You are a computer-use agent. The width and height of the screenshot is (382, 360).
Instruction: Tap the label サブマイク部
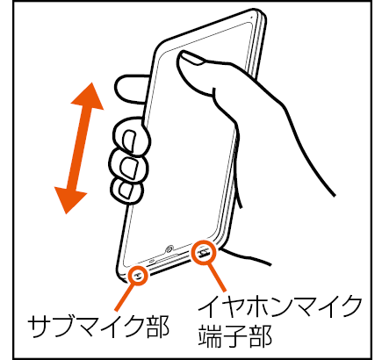click(98, 327)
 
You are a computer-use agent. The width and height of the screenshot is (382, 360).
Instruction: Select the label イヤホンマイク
click(279, 306)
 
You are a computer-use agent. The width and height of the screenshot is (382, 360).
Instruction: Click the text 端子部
click(235, 335)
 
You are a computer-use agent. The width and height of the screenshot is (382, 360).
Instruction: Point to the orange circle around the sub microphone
click(138, 276)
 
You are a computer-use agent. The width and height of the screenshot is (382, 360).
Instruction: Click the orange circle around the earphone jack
click(204, 253)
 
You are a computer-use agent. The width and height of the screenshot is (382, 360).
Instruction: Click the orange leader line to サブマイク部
click(126, 297)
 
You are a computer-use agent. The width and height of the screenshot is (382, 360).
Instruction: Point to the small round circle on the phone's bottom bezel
click(169, 249)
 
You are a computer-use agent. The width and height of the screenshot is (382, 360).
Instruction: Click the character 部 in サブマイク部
click(157, 327)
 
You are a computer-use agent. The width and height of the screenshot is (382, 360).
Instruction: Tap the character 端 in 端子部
click(211, 335)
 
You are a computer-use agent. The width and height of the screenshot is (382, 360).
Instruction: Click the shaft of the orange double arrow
click(79, 148)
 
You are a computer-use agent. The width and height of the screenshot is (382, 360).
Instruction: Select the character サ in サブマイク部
click(40, 327)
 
